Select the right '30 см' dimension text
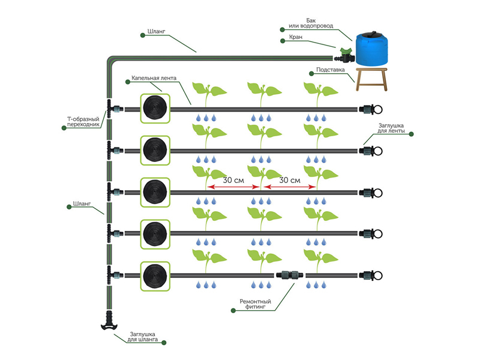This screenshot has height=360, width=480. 290,179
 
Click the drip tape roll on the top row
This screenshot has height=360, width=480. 155,109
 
